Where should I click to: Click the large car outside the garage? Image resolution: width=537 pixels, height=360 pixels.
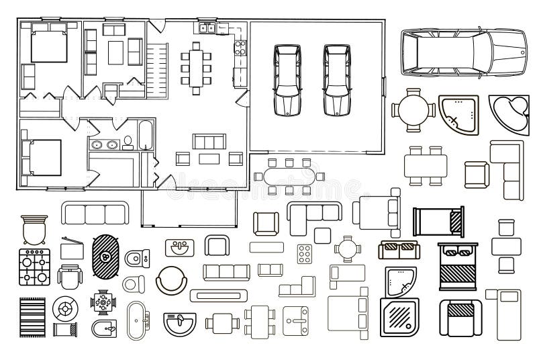point(462,52)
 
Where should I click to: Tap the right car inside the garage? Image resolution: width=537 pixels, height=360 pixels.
point(337,79)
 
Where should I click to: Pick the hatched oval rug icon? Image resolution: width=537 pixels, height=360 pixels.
point(105,257)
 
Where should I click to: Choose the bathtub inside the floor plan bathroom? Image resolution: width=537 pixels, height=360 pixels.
point(145,134)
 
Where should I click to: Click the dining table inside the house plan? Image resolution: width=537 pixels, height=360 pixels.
point(196,65)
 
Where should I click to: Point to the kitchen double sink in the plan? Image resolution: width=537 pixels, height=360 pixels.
point(207,28)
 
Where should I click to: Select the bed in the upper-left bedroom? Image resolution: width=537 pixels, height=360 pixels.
point(46,46)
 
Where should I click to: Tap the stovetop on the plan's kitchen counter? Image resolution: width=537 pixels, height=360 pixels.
point(239,47)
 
